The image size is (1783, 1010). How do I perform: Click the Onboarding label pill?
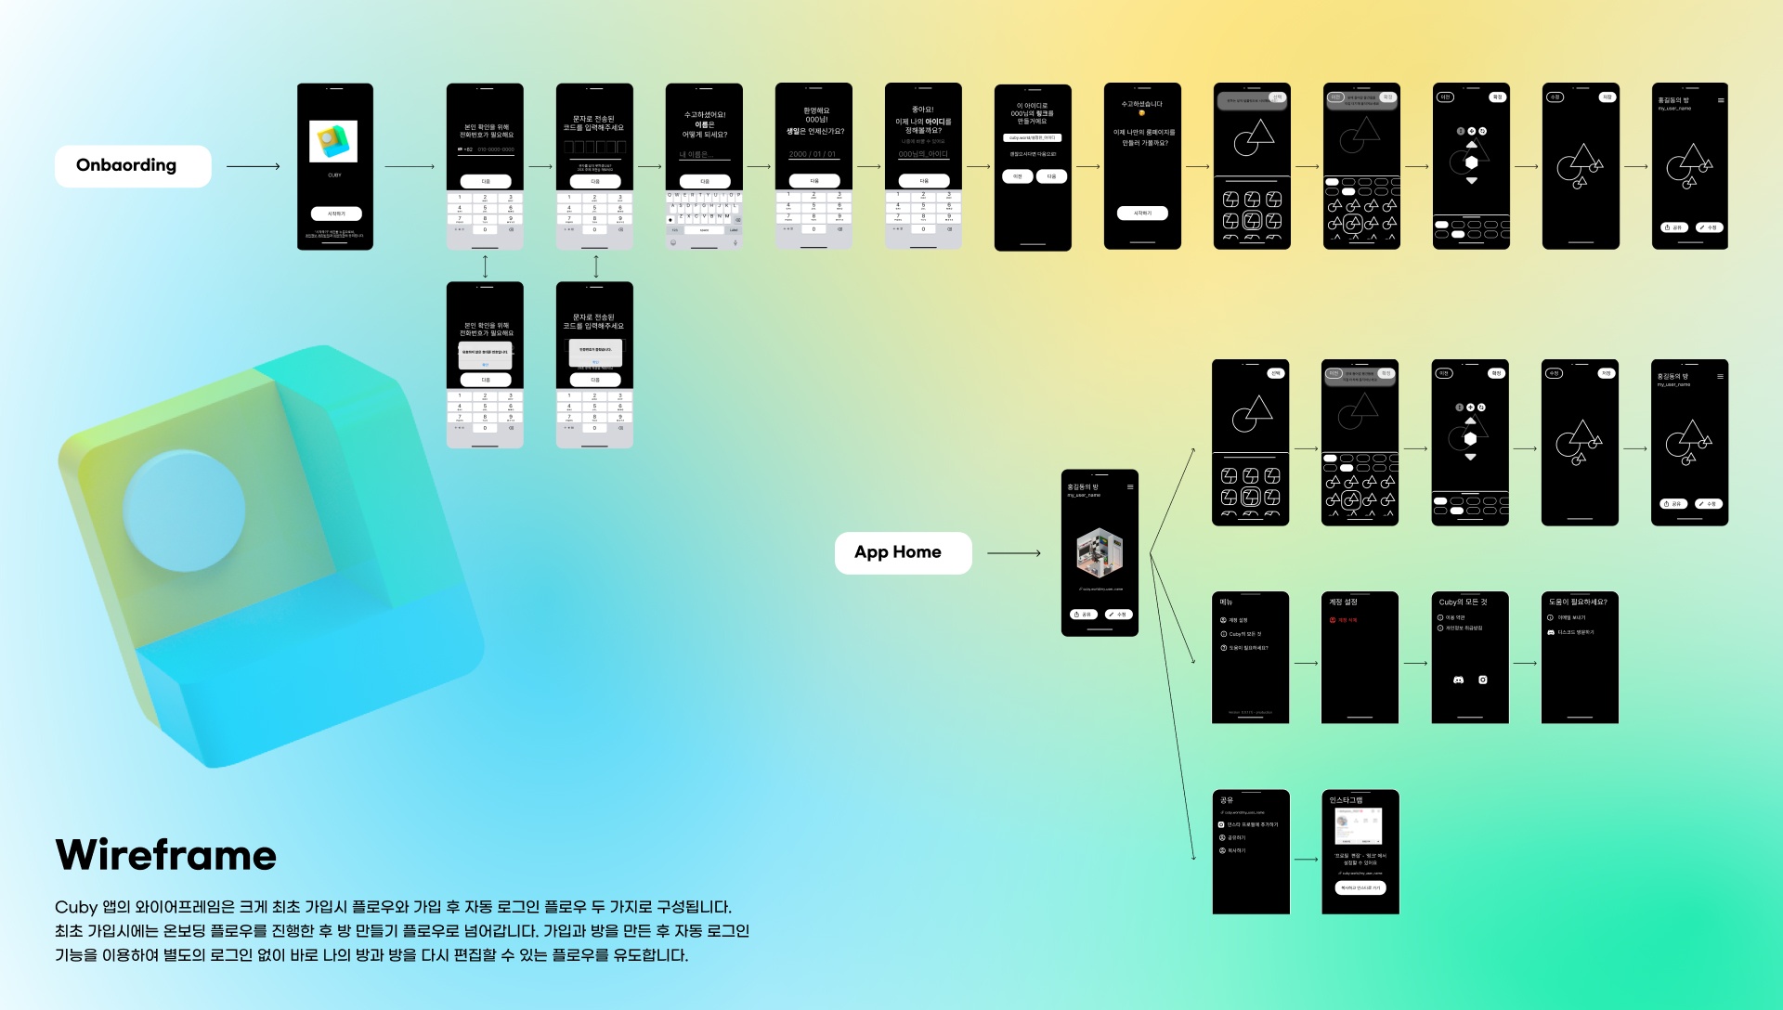click(133, 166)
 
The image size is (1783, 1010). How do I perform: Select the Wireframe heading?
click(166, 855)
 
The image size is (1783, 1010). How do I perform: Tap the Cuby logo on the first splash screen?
click(333, 141)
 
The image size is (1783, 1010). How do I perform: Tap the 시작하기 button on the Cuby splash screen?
click(335, 214)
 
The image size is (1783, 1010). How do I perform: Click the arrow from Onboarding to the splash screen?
click(253, 167)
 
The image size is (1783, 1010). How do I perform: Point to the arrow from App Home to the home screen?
click(1013, 553)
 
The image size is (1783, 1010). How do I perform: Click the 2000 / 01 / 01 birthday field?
click(813, 154)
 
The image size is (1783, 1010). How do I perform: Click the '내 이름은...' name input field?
click(703, 155)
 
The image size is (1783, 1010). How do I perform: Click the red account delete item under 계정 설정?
click(1344, 620)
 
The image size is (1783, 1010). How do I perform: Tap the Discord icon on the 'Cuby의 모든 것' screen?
click(1458, 680)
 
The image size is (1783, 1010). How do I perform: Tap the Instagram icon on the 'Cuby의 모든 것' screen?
click(1483, 680)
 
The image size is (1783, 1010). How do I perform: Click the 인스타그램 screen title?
click(1346, 800)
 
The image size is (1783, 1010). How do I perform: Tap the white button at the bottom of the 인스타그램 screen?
click(1360, 888)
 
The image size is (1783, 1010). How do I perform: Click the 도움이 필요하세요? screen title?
click(1578, 602)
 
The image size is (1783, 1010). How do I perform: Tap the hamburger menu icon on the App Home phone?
click(1130, 486)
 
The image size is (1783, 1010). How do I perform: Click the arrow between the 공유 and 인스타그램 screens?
click(1306, 860)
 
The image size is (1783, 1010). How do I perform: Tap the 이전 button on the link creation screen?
click(1018, 176)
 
